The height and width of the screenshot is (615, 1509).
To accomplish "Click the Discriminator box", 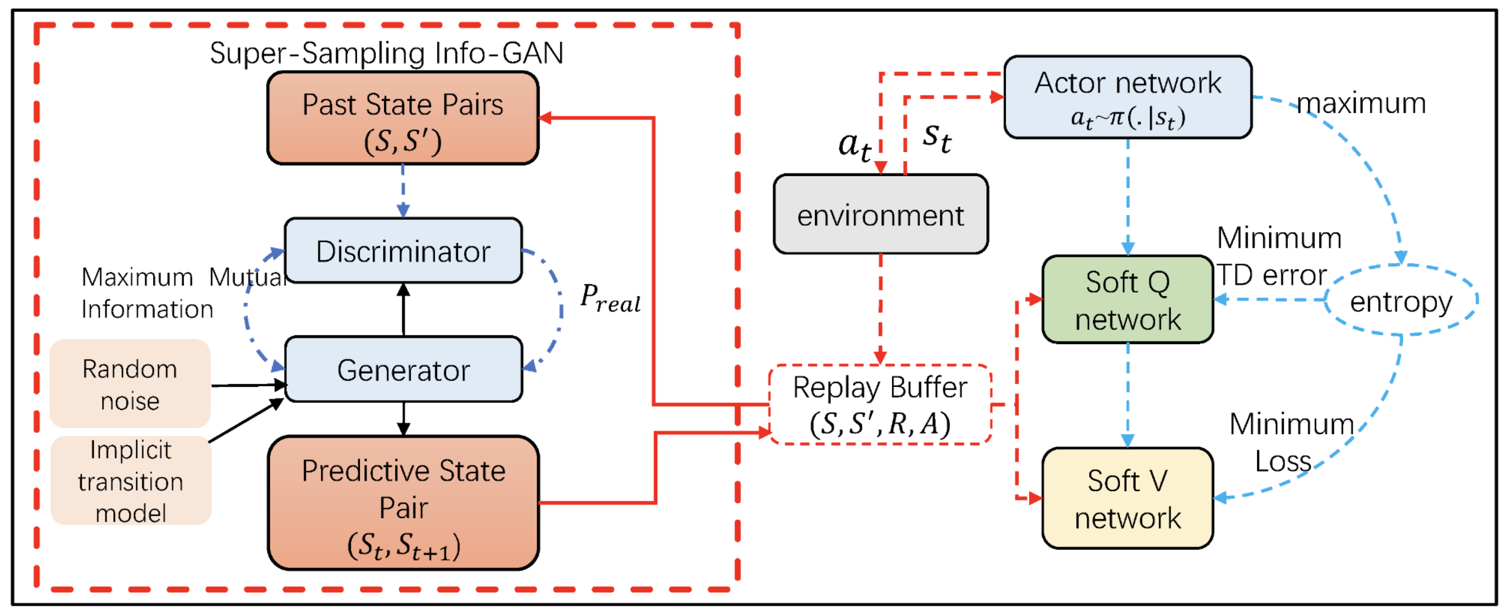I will [x=403, y=251].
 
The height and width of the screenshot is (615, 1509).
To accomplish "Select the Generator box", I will [x=403, y=369].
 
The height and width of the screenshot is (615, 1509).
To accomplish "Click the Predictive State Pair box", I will [x=403, y=503].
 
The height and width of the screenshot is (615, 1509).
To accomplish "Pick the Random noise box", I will [x=130, y=384].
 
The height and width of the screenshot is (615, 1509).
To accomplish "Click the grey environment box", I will [x=880, y=215].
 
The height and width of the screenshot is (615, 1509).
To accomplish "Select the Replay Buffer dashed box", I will [x=880, y=405].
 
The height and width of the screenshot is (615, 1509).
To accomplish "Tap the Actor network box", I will [x=1128, y=97].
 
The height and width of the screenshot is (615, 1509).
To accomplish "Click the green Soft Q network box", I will [x=1127, y=299].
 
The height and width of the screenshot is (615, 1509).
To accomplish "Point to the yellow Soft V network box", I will [x=1127, y=498].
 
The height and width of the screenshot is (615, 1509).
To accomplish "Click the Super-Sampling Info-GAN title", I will [x=387, y=53].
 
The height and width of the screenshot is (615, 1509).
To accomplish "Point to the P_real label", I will [x=610, y=298].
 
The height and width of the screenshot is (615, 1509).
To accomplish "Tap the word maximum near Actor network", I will [x=1361, y=104].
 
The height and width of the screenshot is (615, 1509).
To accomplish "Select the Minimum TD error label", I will [x=1277, y=257].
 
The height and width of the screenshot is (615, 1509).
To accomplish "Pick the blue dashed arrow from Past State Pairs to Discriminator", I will [x=403, y=190].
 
